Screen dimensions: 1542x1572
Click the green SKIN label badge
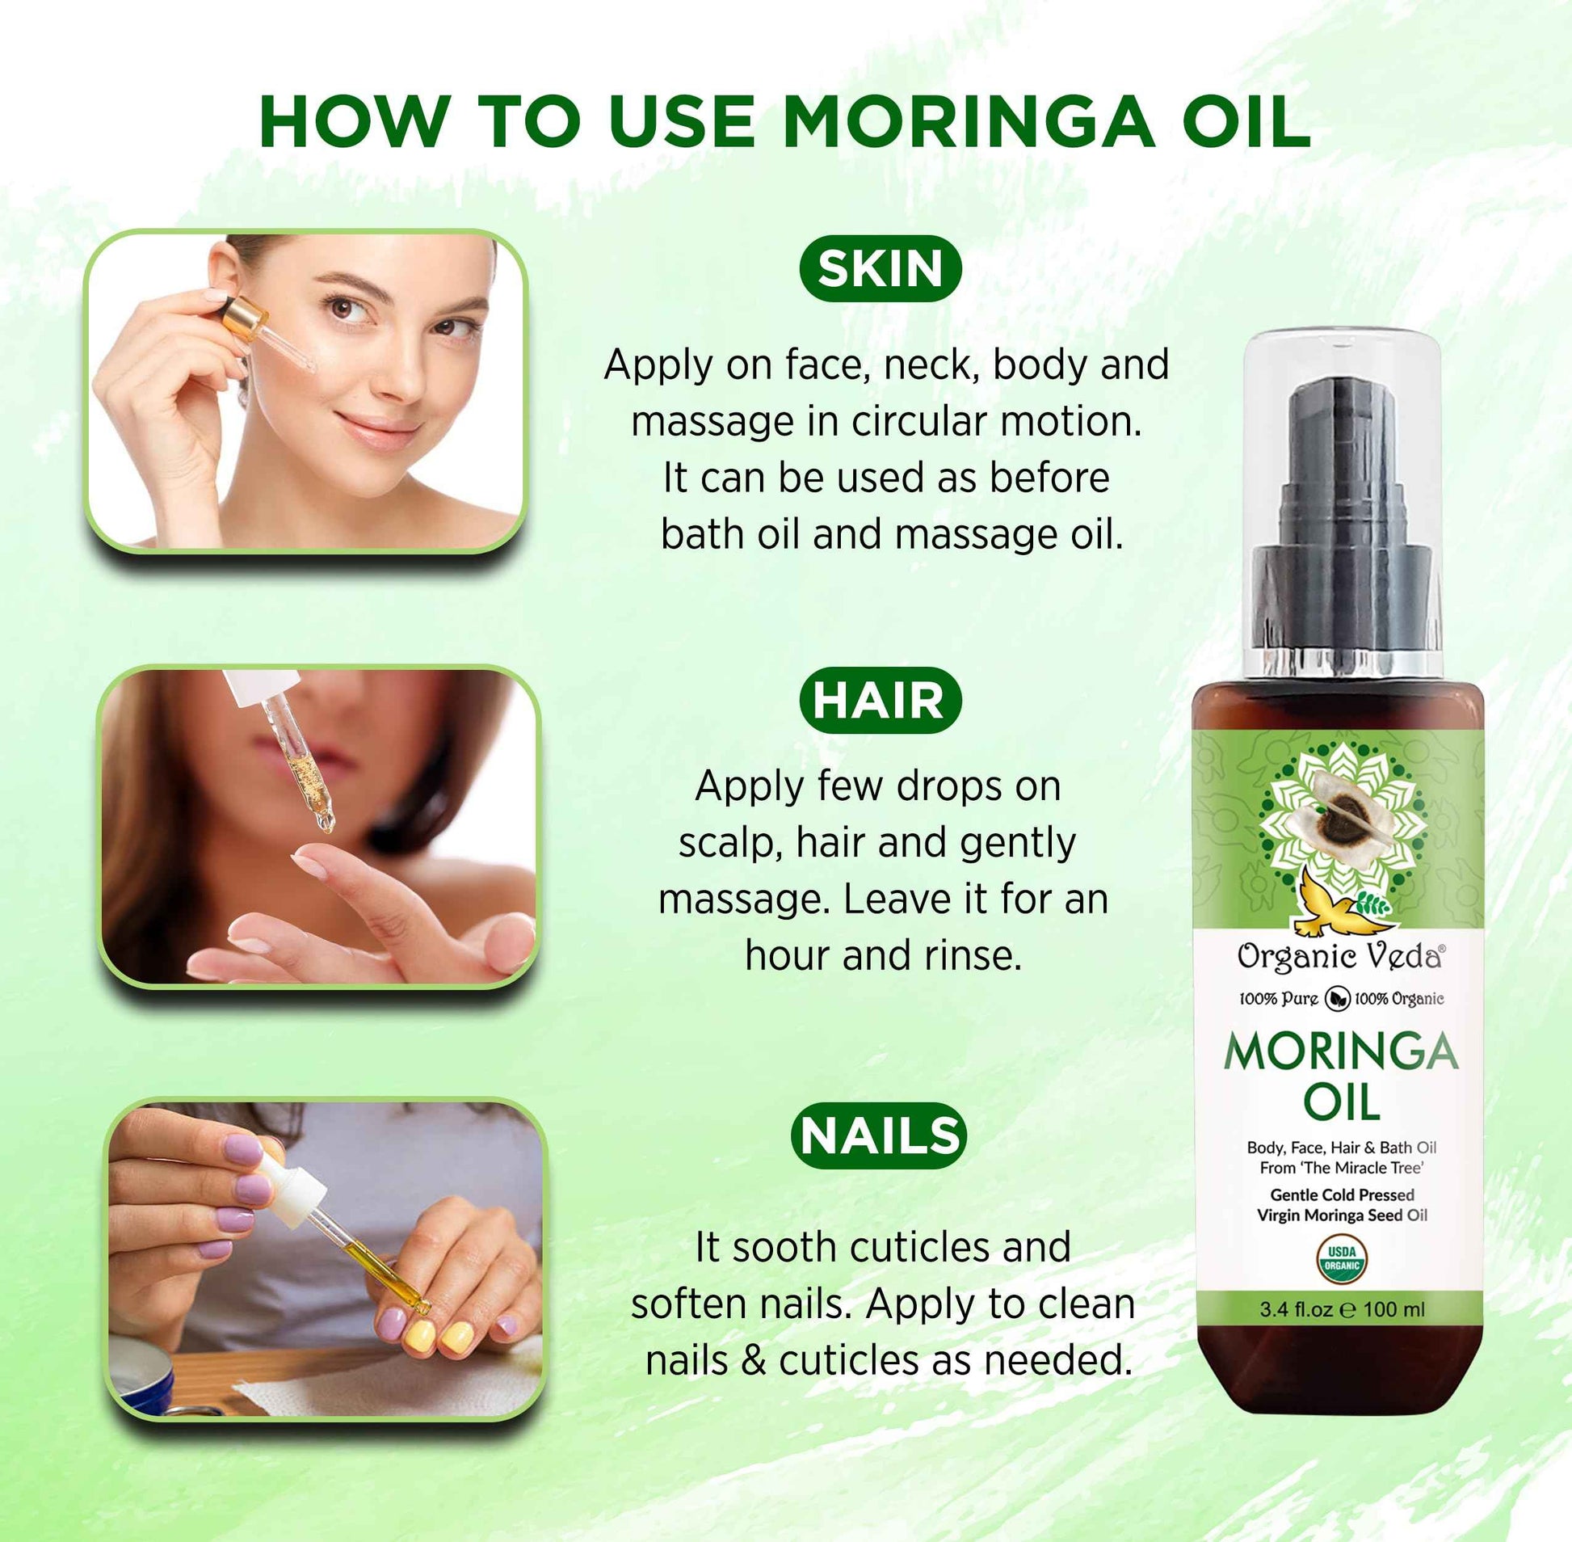click(x=880, y=269)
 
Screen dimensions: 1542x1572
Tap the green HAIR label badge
click(x=880, y=701)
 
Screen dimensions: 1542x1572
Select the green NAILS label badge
click(x=879, y=1135)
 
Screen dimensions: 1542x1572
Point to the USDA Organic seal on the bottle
click(x=1341, y=1258)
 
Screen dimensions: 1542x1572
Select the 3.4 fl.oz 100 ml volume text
click(x=1341, y=1309)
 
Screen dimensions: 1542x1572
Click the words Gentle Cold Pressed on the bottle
click(x=1341, y=1194)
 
